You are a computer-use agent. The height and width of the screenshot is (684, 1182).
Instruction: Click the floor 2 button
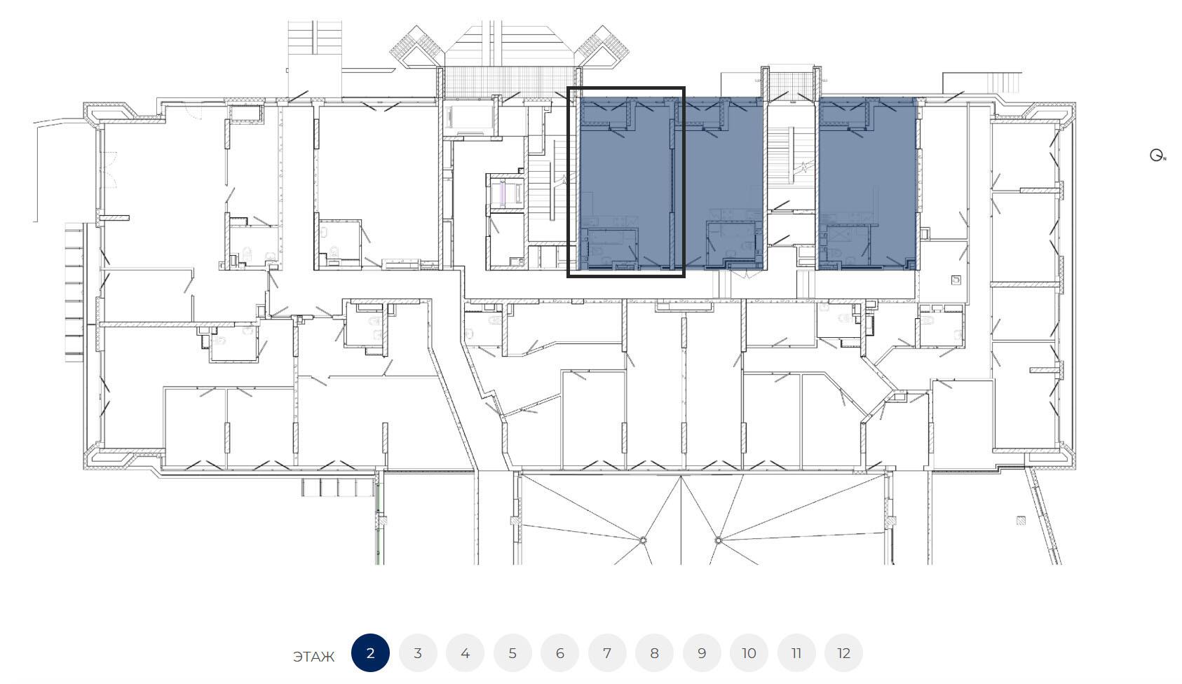[370, 653]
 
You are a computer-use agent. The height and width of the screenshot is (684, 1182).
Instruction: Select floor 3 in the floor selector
[418, 653]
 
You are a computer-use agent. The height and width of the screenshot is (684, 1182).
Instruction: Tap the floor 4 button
[465, 653]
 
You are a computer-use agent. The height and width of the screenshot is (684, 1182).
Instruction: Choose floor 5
[512, 653]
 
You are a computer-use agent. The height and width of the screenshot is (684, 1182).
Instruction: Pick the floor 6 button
[560, 653]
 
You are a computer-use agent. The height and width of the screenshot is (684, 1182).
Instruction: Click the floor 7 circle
[607, 653]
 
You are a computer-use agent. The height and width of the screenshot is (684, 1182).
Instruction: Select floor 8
[654, 653]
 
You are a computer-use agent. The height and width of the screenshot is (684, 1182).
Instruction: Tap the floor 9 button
[702, 653]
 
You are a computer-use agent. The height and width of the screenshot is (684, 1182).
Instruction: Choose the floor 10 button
[749, 653]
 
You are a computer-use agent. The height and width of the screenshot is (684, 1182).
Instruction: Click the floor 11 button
[796, 653]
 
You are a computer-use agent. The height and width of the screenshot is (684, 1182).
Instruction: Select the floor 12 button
[844, 653]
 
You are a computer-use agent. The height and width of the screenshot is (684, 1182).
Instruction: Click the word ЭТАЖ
[313, 657]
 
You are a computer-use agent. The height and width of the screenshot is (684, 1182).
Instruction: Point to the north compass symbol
[1157, 155]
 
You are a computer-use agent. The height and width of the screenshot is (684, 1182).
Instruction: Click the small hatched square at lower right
[1021, 521]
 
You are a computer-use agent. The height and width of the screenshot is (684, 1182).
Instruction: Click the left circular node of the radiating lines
[644, 540]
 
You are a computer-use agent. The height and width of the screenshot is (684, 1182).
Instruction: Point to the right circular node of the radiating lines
[718, 540]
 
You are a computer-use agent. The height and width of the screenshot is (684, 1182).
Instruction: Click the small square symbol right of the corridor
[956, 280]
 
